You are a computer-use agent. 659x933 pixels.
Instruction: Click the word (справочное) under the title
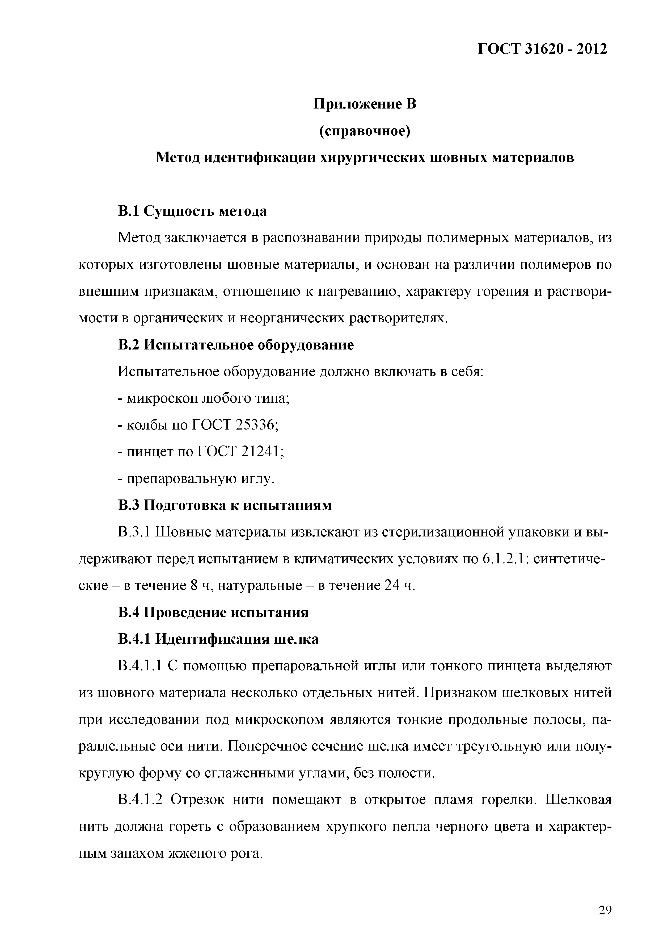[365, 131]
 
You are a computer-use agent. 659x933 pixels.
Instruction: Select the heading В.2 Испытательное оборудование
[235, 345]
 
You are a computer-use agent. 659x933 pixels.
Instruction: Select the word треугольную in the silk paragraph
[492, 747]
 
